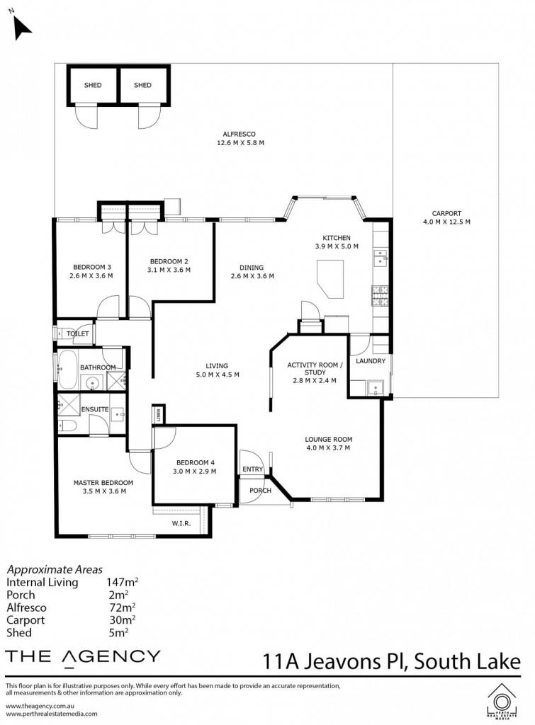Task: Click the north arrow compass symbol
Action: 21,27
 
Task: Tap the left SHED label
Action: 93,85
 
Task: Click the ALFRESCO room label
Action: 239,134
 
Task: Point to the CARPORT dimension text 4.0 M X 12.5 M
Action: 446,222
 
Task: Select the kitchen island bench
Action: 330,278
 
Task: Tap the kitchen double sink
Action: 381,258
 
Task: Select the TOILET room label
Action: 78,333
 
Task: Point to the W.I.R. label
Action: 181,523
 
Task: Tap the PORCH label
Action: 260,490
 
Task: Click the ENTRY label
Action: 253,469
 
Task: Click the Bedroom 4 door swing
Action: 165,438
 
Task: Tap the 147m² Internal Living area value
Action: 122,582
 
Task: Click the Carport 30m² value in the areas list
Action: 122,620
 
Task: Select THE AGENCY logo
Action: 83,658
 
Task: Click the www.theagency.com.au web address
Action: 40,706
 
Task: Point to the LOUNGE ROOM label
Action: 329,439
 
